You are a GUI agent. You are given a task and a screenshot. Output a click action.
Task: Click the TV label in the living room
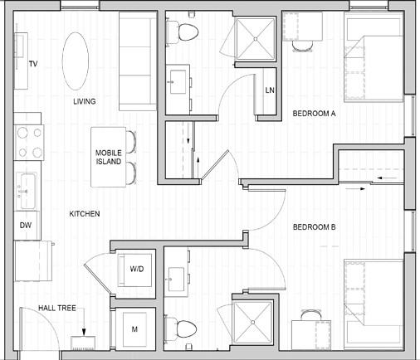pos(33,64)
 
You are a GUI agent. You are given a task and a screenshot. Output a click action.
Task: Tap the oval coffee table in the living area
pos(76,61)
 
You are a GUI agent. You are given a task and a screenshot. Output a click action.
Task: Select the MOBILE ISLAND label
pos(109,157)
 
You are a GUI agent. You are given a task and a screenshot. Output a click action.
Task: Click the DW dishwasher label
pos(26,226)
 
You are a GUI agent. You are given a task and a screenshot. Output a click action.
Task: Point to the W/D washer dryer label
pos(137,269)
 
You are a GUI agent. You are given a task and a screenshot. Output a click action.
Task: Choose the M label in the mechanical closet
pos(134,329)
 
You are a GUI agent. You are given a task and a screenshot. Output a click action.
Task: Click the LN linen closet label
pos(270,90)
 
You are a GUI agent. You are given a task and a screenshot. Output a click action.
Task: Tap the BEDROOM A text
pos(314,114)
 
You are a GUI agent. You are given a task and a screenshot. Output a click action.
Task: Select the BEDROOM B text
pos(314,227)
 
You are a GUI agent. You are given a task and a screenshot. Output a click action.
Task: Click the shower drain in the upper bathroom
pos(256,39)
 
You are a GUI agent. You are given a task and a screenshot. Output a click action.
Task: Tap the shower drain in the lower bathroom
pos(252,323)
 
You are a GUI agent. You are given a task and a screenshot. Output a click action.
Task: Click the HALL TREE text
pos(57,308)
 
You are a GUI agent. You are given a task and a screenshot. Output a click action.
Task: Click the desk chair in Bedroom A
pos(303,46)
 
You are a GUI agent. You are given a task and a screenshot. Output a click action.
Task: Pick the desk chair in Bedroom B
pos(311,315)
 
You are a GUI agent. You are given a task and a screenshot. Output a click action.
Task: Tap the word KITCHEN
pos(85,214)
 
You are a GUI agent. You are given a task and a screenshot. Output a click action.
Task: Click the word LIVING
pos(85,101)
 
